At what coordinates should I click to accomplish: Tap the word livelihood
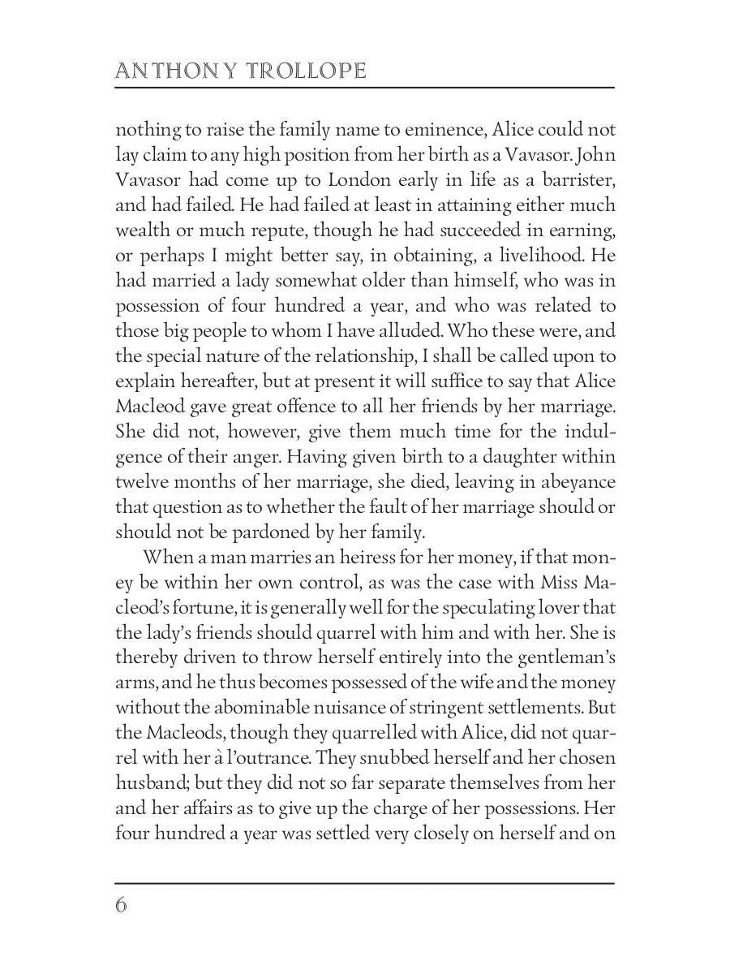tap(530, 256)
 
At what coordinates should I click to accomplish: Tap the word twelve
tap(142, 482)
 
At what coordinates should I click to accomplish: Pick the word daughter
tap(512, 457)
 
